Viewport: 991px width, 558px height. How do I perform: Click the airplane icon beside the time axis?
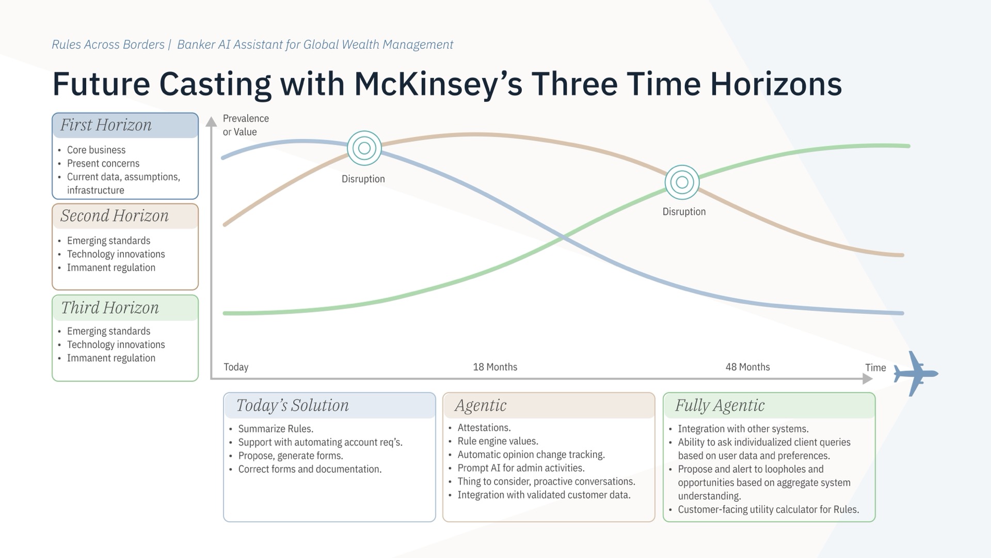(x=915, y=374)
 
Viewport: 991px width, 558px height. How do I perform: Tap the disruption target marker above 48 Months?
(x=682, y=182)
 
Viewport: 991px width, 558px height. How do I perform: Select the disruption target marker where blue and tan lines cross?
(x=364, y=148)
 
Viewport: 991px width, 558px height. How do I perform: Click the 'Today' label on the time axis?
(x=236, y=367)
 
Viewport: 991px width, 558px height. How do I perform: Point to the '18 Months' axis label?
(x=495, y=367)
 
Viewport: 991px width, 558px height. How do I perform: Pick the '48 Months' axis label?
(x=747, y=367)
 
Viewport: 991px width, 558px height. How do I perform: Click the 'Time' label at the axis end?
(x=875, y=367)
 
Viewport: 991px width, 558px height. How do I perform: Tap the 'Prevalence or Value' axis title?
(x=246, y=125)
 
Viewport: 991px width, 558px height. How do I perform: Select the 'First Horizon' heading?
(x=106, y=125)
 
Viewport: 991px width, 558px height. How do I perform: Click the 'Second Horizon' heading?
(x=115, y=215)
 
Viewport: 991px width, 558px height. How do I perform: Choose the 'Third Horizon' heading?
(x=110, y=307)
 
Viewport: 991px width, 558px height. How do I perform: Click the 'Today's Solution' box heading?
(x=292, y=405)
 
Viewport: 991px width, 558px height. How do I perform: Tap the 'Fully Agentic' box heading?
(x=720, y=406)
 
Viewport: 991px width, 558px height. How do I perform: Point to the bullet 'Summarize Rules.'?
(x=276, y=429)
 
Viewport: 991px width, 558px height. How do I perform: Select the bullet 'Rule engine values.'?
(x=498, y=441)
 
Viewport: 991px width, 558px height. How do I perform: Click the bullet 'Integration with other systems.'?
(x=743, y=429)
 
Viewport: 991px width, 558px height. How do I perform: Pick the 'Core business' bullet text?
(x=96, y=150)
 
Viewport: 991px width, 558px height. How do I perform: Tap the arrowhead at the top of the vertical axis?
(x=211, y=122)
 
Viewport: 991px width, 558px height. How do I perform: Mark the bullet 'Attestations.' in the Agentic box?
(x=484, y=428)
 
